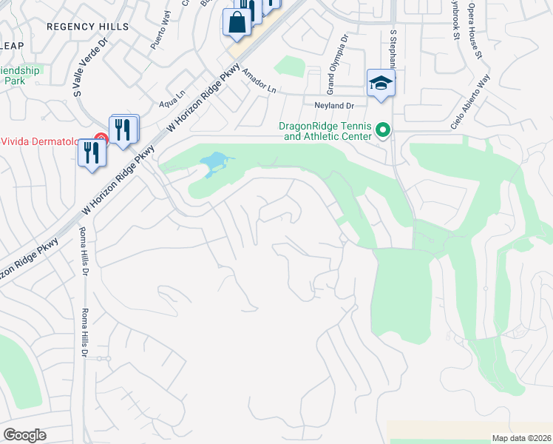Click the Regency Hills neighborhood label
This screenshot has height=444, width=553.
pyautogui.click(x=87, y=27)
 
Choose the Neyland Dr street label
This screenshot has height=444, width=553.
pyautogui.click(x=334, y=106)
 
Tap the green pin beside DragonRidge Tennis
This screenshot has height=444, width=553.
pyautogui.click(x=383, y=130)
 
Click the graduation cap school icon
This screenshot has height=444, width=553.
pyautogui.click(x=381, y=82)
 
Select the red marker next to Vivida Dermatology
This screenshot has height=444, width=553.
pyautogui.click(x=100, y=141)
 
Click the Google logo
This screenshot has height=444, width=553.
pyautogui.click(x=24, y=435)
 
